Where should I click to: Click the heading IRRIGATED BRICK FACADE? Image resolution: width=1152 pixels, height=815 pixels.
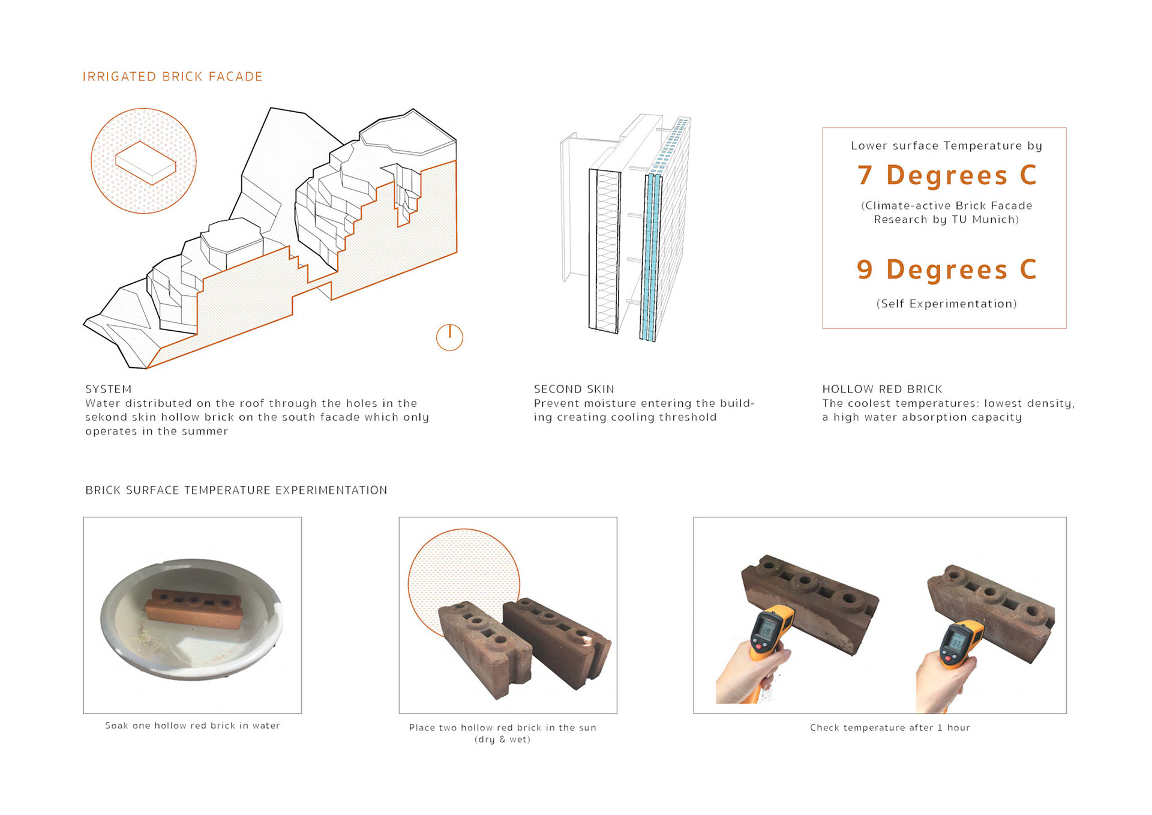173,77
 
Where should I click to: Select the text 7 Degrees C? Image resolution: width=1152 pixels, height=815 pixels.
947,175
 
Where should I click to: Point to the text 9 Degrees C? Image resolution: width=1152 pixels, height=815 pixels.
947,269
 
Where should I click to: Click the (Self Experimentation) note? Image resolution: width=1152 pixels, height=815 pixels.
947,304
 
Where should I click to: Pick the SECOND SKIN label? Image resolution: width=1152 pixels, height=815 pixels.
574,389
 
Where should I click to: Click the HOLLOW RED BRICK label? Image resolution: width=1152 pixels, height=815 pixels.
882,389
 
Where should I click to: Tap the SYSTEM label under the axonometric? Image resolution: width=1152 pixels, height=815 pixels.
109,389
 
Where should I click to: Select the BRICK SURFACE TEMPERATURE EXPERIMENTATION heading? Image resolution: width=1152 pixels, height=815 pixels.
236,490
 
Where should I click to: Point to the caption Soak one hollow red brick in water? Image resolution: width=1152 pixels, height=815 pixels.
193,726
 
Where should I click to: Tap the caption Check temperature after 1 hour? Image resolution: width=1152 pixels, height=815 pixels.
890,727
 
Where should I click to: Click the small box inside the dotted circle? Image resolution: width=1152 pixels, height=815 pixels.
146,163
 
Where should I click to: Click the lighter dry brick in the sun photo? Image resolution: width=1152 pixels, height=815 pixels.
485,649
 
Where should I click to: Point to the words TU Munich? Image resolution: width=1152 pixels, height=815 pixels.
983,220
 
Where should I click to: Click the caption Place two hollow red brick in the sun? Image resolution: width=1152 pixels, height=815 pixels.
503,727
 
